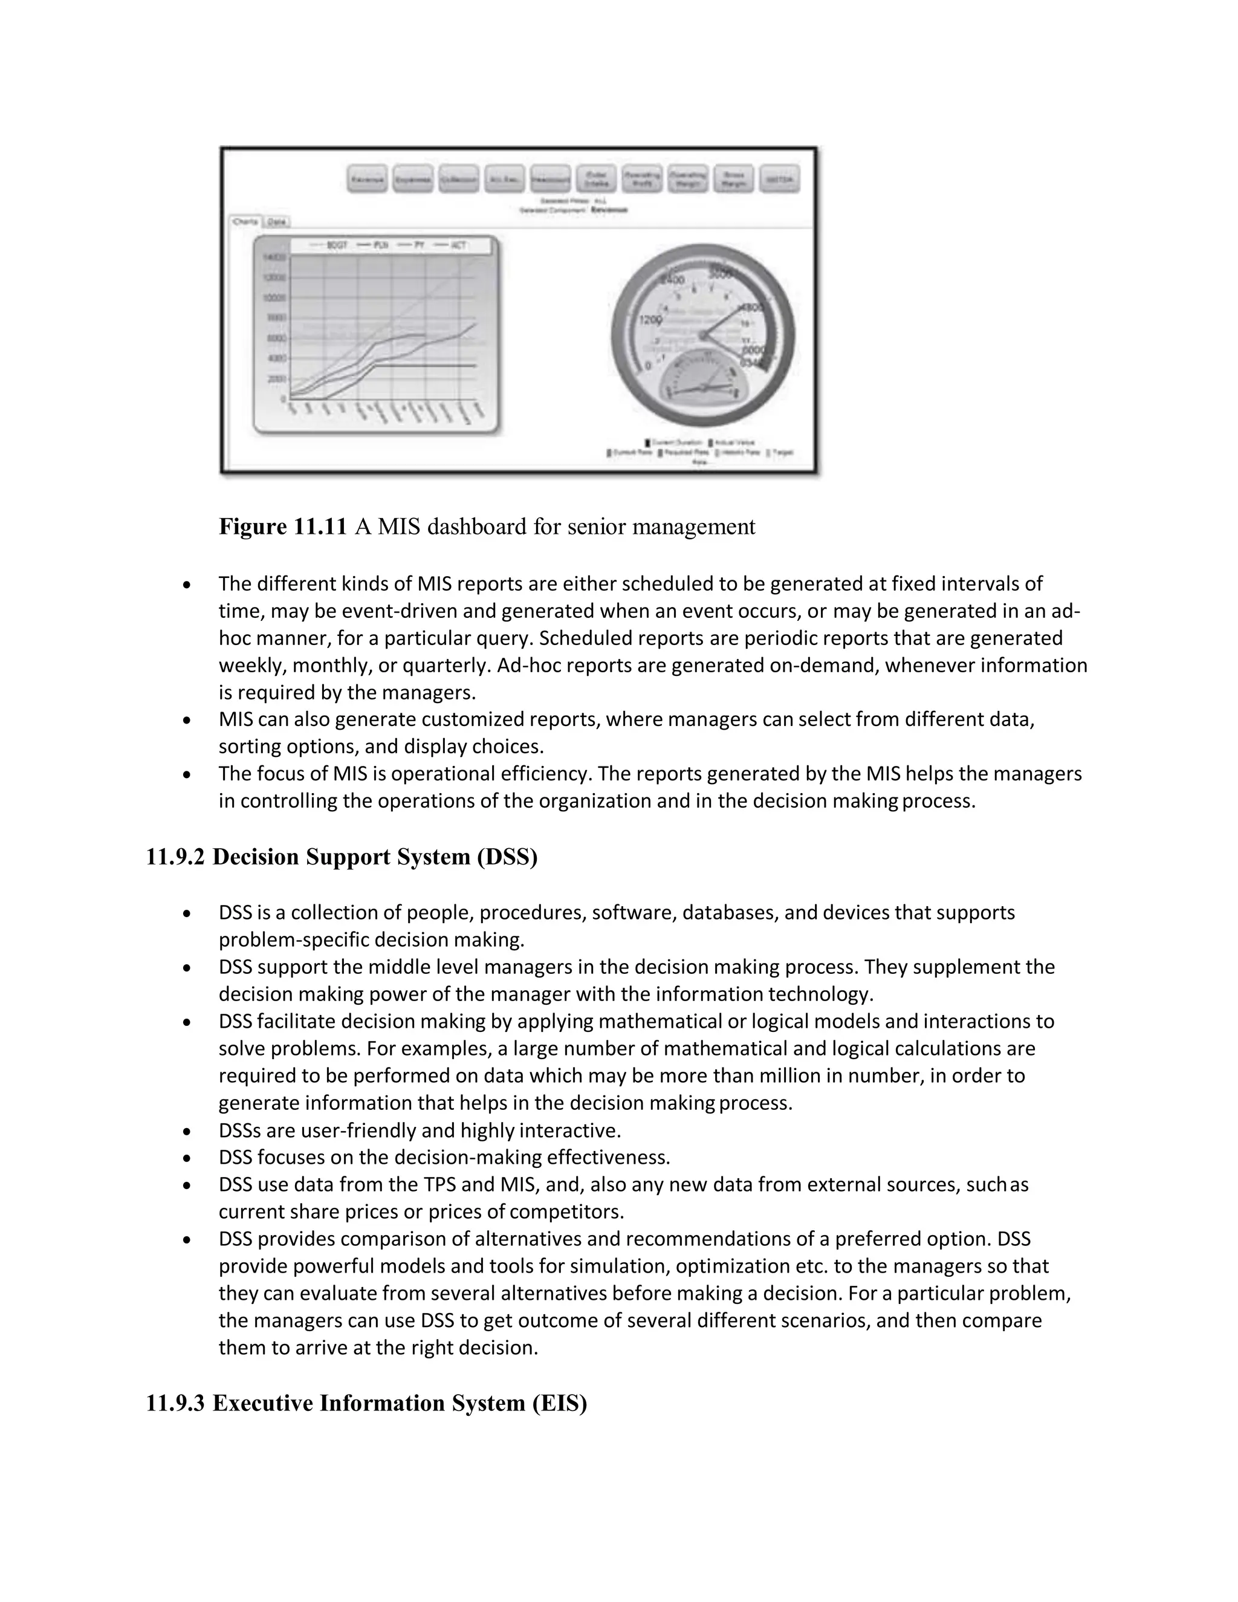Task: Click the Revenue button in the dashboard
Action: pyautogui.click(x=367, y=179)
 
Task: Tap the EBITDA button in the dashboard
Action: pyautogui.click(x=779, y=179)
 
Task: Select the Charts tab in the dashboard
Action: pyautogui.click(x=245, y=221)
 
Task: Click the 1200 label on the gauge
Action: pyautogui.click(x=650, y=320)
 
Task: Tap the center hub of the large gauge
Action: pyautogui.click(x=702, y=336)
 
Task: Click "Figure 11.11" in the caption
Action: pyautogui.click(x=282, y=527)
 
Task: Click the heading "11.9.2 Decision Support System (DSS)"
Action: pyautogui.click(x=342, y=857)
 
